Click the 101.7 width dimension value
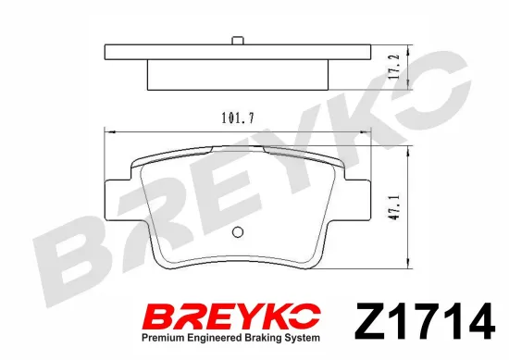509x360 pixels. [238, 118]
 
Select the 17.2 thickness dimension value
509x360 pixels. [393, 67]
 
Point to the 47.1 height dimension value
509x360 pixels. [393, 207]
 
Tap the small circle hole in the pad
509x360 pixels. [238, 231]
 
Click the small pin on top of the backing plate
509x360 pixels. [238, 41]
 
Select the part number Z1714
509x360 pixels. [425, 321]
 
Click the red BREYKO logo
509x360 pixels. [232, 317]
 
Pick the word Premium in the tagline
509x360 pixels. [162, 338]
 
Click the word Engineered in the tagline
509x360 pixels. [212, 339]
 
